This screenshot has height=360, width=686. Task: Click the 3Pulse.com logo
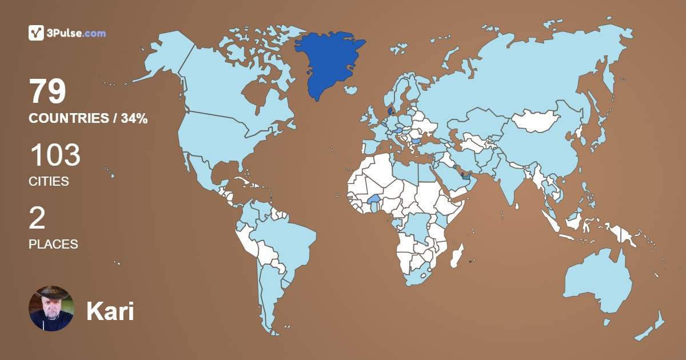67,33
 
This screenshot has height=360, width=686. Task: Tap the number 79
48,92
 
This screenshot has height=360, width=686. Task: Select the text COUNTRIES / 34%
88,119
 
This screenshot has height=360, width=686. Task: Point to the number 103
55,155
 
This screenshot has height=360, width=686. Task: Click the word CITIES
49,182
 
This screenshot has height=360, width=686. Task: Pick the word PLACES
53,244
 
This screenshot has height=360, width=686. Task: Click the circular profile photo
51,309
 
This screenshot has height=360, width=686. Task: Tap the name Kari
110,311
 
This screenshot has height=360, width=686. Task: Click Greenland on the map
329,63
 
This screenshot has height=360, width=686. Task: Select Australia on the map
597,283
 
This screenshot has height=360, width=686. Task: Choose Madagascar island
457,255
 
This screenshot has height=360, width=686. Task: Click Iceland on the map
351,90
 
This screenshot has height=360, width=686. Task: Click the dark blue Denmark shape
390,110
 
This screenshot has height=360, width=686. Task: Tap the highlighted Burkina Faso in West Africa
374,199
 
